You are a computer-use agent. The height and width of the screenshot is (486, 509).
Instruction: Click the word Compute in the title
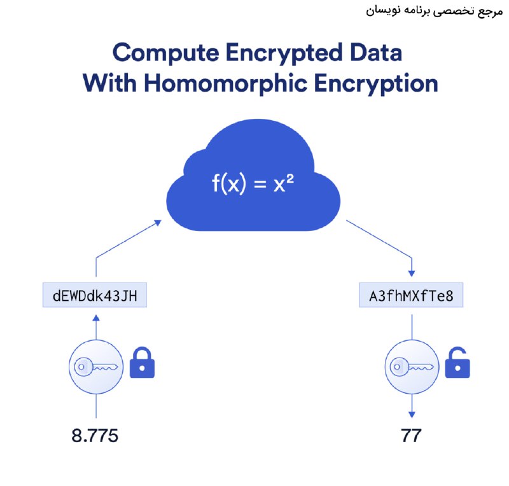coord(166,53)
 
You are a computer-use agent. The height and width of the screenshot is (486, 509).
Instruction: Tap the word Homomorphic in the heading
coord(226,83)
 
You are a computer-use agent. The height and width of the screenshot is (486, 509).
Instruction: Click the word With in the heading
coord(109,83)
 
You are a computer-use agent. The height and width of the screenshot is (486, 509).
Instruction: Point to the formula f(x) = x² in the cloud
coord(253,183)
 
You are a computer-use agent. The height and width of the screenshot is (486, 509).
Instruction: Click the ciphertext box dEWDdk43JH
coord(95,295)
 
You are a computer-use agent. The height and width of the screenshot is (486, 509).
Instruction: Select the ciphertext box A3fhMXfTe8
coord(411,295)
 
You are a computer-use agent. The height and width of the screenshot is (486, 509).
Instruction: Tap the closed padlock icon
coord(142,363)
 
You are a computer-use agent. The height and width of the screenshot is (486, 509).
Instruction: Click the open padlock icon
coord(457,363)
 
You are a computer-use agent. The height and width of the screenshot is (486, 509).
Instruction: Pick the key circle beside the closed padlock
coord(96,367)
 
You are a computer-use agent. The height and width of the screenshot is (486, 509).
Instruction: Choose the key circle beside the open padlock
coord(412,367)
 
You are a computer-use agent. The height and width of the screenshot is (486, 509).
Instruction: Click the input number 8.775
coord(95,436)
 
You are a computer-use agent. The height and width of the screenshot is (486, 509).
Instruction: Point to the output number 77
coord(411,436)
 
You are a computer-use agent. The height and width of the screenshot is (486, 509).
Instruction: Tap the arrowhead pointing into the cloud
coord(158,223)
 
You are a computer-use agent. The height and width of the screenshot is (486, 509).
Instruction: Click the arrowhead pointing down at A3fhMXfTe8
coord(412,274)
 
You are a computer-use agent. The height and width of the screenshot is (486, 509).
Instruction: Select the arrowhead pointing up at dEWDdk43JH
coord(96,317)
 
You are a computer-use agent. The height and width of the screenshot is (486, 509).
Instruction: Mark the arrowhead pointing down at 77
coord(412,415)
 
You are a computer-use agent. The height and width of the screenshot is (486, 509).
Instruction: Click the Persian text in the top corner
coord(435,11)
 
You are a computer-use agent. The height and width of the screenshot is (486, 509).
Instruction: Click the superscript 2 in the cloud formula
coord(290,179)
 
